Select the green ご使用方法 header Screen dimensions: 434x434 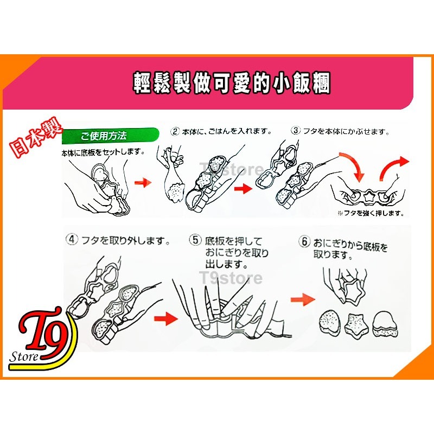pyautogui.click(x=104, y=135)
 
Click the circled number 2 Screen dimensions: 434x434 pyautogui.click(x=175, y=131)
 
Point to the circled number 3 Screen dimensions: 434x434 pyautogui.click(x=296, y=131)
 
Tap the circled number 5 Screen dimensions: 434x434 pyautogui.click(x=196, y=239)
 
